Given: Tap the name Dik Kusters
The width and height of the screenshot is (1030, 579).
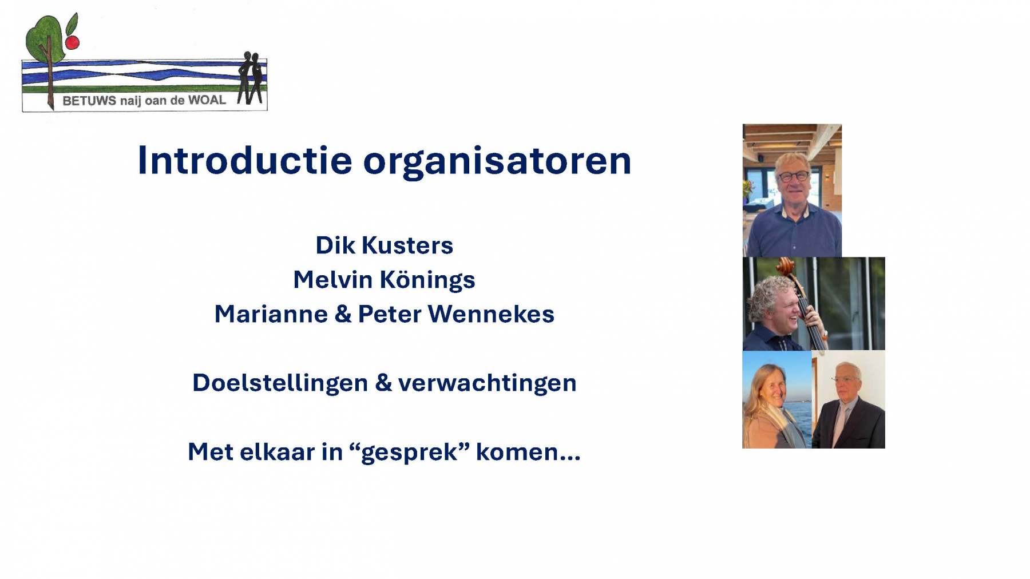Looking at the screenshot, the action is click(384, 245).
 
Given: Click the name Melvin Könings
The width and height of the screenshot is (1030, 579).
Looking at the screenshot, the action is click(384, 280).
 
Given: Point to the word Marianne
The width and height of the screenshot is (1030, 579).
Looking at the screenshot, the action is click(271, 314).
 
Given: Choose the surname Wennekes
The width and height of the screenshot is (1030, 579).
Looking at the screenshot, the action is click(491, 314).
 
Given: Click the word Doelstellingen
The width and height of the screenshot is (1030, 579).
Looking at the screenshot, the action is click(279, 383).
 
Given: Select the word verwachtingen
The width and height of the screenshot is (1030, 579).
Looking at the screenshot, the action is click(487, 383).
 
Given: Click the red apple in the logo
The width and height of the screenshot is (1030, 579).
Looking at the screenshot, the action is click(72, 42).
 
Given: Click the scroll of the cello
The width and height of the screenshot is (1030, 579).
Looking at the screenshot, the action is click(785, 265).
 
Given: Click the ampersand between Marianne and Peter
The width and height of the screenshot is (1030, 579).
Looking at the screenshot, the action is click(342, 314).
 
